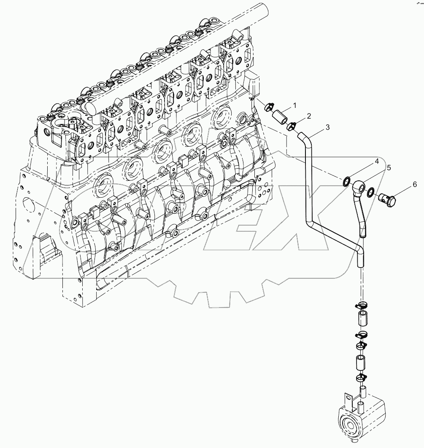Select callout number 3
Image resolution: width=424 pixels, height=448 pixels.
(327, 126)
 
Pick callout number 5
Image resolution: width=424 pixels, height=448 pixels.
(389, 167)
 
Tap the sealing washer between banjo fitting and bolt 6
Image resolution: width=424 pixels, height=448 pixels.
(371, 192)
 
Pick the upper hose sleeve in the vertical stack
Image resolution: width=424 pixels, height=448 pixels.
(363, 319)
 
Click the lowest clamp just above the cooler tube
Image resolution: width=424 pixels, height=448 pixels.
(362, 377)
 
